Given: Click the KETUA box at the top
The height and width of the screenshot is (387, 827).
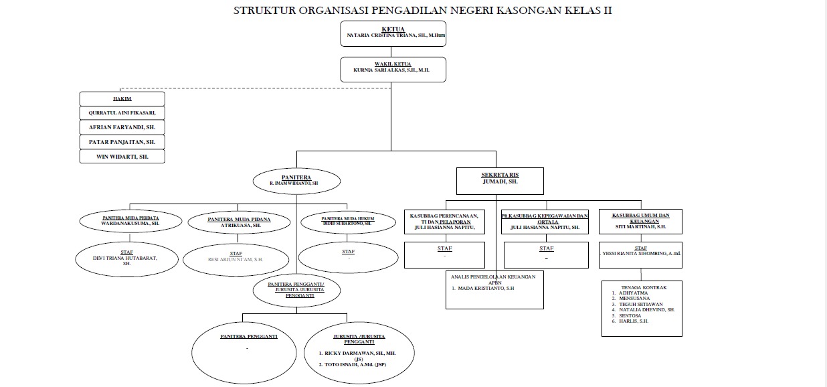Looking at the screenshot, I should [x=393, y=33].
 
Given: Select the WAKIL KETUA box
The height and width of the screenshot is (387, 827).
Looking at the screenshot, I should [x=393, y=69].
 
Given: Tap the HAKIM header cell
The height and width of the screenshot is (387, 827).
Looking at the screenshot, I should [x=122, y=98].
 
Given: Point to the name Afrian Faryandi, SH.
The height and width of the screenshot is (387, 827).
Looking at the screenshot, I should [x=122, y=127].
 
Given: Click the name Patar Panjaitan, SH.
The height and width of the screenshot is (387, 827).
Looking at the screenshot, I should [x=122, y=142].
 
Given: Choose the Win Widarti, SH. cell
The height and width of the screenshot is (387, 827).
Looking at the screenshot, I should [x=122, y=157].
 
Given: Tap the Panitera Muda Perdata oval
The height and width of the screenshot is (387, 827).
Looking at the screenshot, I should [x=130, y=222].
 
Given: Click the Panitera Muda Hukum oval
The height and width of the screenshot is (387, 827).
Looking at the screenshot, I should [x=347, y=222].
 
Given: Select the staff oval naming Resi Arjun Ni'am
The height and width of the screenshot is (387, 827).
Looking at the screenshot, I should [x=235, y=259].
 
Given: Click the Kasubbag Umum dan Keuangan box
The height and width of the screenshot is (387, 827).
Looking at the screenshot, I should [x=641, y=222].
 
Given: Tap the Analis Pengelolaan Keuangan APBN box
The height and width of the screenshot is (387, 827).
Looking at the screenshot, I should [x=494, y=289].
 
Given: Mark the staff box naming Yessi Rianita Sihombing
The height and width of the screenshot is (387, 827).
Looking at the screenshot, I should [x=640, y=254].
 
